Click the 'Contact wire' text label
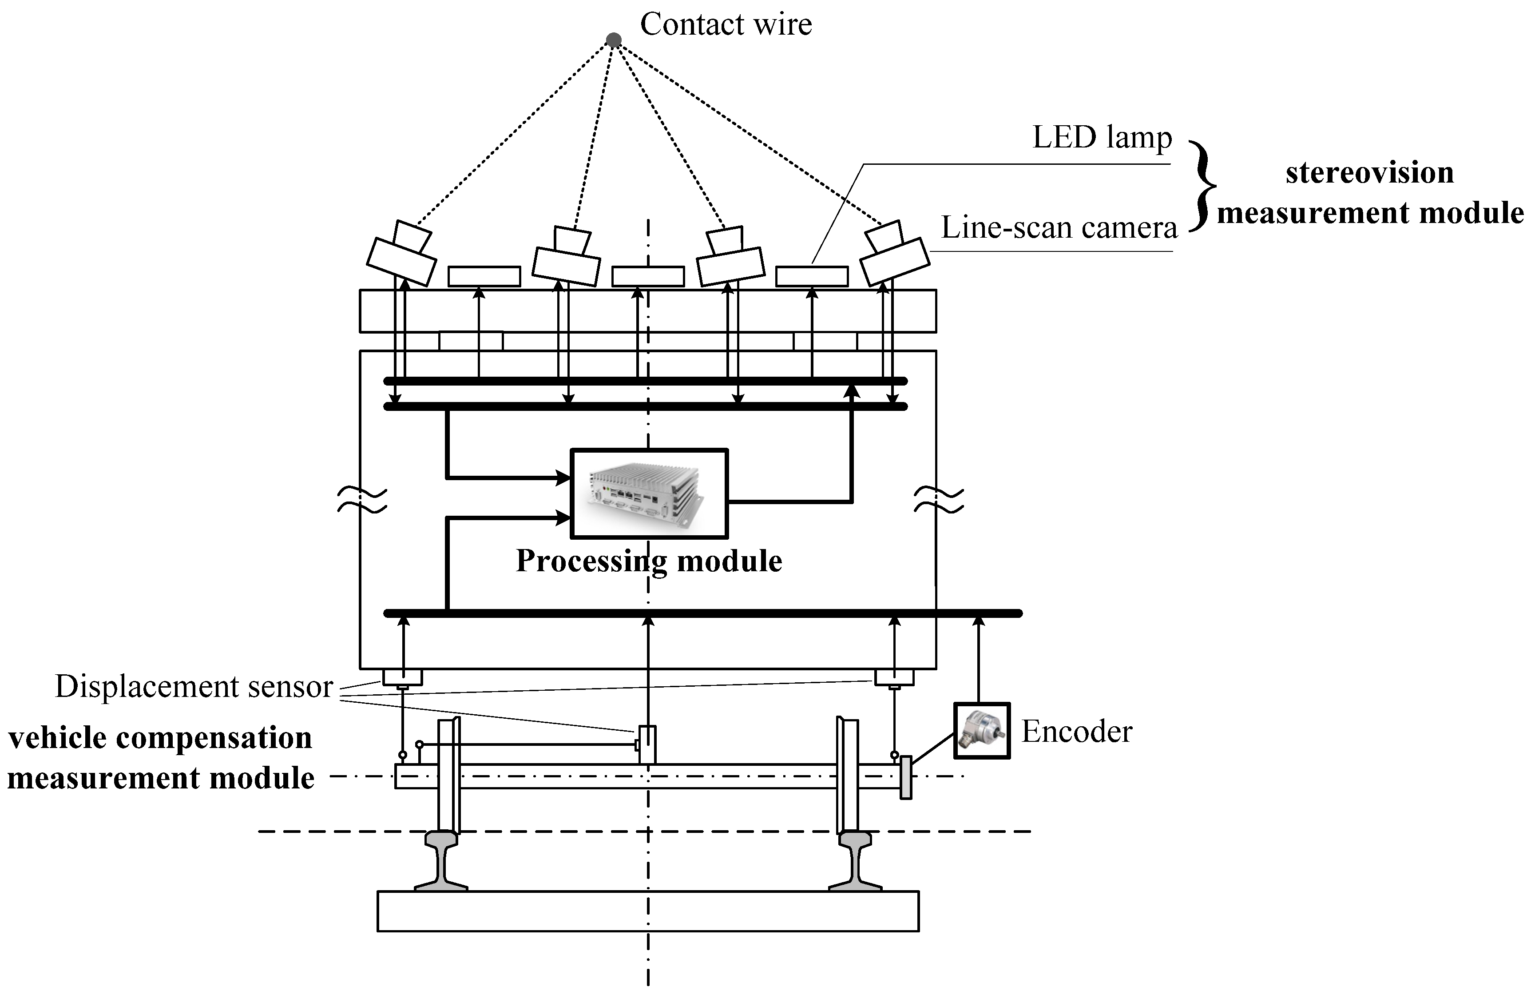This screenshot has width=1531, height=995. coord(726,24)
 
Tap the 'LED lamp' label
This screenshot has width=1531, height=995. coord(1102,137)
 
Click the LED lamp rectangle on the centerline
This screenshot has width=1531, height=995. coord(647,277)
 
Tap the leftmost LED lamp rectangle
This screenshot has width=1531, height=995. coord(484,277)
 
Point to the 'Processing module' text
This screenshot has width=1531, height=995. coord(648,561)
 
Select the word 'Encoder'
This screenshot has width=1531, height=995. coord(1076,732)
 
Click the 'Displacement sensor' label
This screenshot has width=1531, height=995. coord(194,687)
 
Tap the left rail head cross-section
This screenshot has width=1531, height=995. coord(441,840)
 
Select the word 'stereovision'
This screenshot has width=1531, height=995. coord(1369,172)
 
